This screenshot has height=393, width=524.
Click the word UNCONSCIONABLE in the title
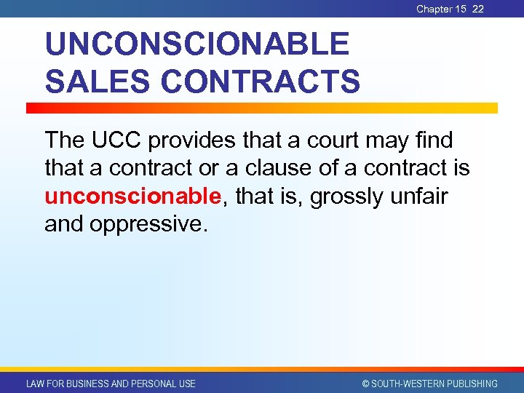pos(196,45)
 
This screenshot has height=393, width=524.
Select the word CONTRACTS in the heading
pos(260,81)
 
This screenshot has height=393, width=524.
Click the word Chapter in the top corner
pos(434,9)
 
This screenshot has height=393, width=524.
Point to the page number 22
pos(477,9)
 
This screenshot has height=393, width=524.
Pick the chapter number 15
pos(461,9)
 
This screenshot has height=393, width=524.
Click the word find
pos(432,139)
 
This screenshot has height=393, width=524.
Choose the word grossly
pos(349,196)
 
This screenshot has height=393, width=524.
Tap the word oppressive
pos(148,223)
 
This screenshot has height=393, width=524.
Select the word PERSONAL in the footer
pos(149,384)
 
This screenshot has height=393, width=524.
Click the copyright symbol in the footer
pos(365,384)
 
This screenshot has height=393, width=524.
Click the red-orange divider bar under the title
pos(262,108)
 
